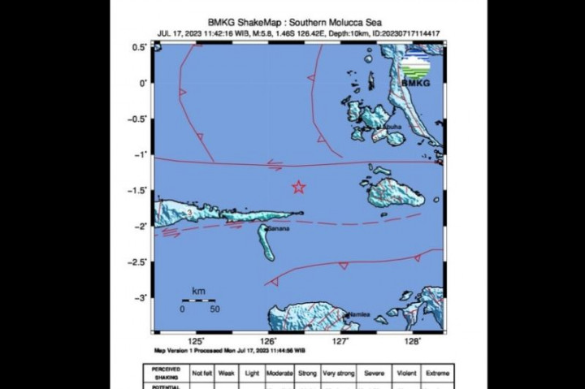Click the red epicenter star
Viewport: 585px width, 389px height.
298,188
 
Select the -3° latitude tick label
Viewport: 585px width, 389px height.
141,298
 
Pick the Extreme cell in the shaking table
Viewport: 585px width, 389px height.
437,373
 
